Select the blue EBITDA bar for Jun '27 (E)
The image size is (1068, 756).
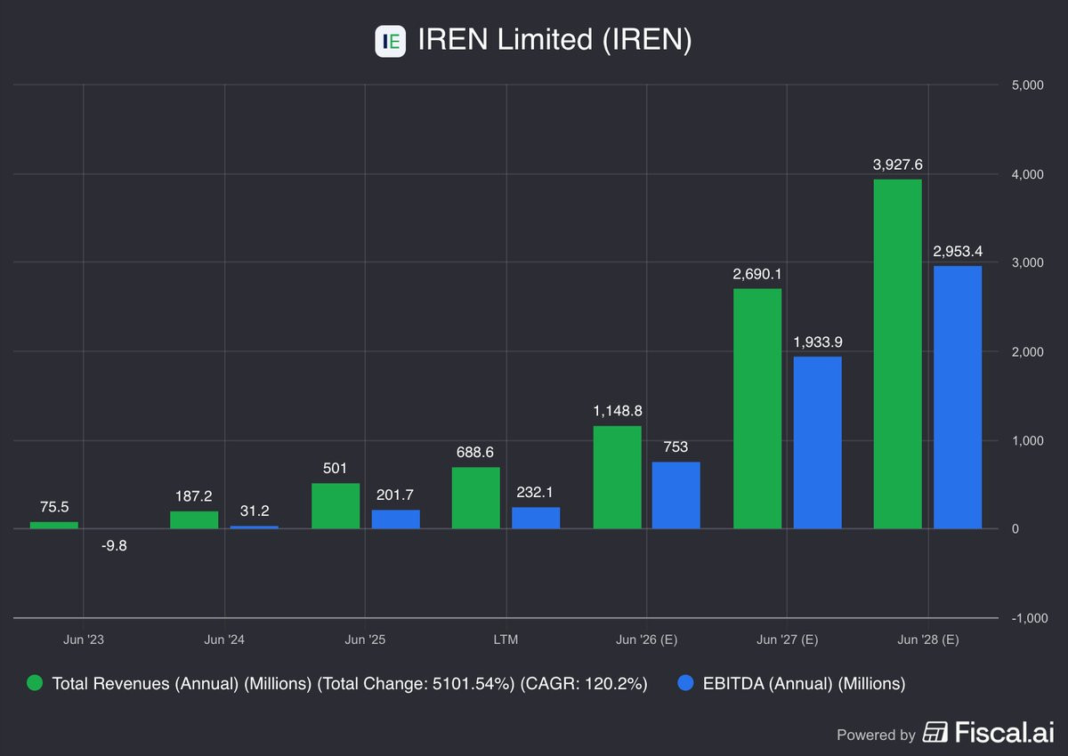(817, 443)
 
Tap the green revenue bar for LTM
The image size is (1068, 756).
(475, 498)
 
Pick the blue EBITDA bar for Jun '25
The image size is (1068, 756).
(395, 519)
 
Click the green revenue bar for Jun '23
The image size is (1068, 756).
(53, 526)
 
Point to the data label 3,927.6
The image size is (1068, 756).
(897, 165)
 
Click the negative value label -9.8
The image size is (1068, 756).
(114, 546)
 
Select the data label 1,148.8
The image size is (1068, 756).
(617, 411)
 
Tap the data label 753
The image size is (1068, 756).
(676, 446)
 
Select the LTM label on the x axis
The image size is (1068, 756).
(505, 639)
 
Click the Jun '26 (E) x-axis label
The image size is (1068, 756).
(646, 639)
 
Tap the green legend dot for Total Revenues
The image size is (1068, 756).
(35, 683)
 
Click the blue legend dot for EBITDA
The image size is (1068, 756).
(684, 683)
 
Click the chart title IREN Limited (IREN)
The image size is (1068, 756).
(554, 41)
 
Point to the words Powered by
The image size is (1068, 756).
(876, 735)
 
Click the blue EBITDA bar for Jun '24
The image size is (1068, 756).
(254, 527)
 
